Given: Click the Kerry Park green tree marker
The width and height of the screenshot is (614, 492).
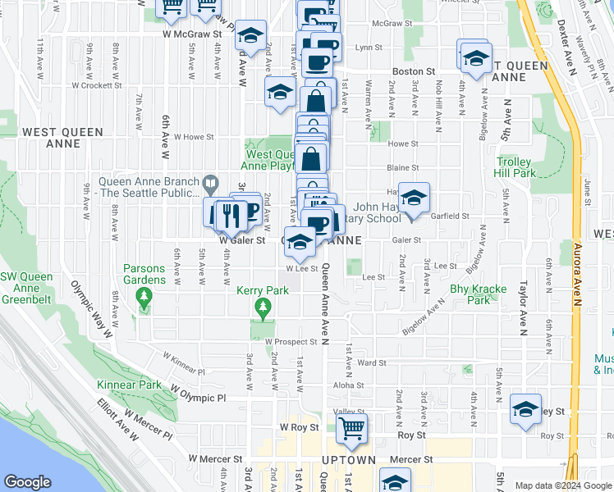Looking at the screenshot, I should (x=263, y=310).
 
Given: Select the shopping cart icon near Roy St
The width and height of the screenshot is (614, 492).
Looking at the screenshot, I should (x=351, y=428).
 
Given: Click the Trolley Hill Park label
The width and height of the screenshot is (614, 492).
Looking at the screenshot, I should (x=515, y=168).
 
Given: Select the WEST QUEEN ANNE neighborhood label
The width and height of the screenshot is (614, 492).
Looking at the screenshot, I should (x=63, y=138).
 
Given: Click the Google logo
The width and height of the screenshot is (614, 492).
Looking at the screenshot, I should (x=27, y=482).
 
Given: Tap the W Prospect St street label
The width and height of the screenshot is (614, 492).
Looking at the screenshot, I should (x=291, y=341).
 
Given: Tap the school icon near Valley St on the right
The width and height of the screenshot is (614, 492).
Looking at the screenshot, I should (x=525, y=410).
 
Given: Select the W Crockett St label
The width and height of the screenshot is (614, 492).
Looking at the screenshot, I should (x=98, y=84).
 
